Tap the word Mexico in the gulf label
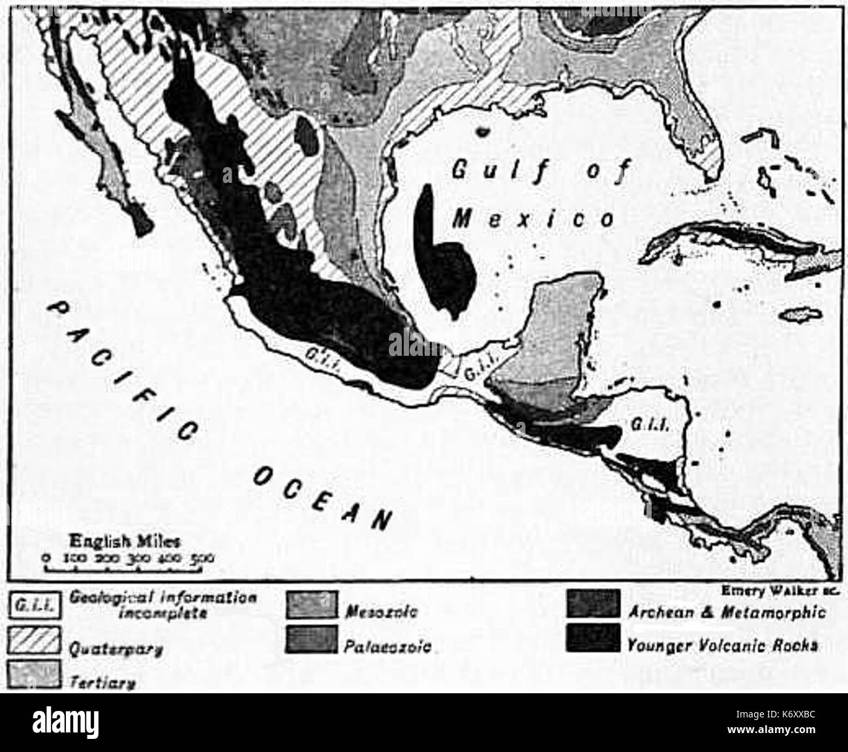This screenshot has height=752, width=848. tap(534, 218)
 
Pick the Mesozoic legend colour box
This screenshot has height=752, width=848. tap(312, 604)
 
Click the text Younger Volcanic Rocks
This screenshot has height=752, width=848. tap(721, 645)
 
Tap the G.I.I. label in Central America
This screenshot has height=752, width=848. tap(647, 424)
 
